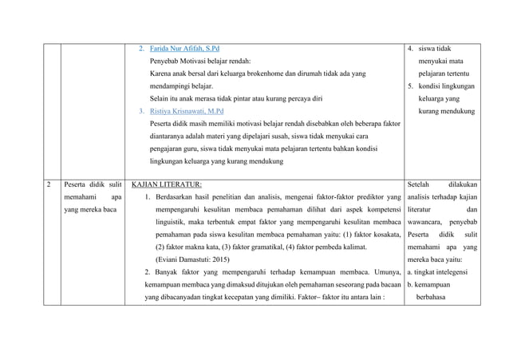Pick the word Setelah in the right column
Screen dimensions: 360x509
(421, 184)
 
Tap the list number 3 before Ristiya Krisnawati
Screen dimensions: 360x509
(142, 111)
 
